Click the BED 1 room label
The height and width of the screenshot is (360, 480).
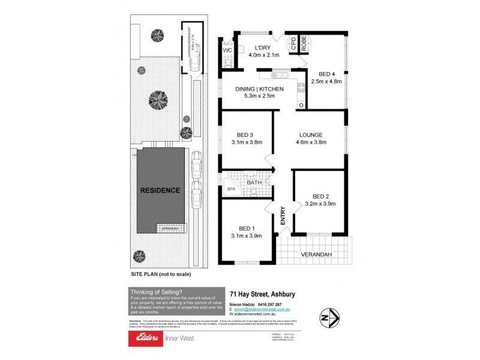pyautogui.click(x=246, y=229)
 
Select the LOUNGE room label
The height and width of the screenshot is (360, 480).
pyautogui.click(x=310, y=134)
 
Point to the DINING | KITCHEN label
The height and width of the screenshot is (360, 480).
pyautogui.click(x=255, y=89)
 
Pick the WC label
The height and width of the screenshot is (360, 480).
pyautogui.click(x=227, y=50)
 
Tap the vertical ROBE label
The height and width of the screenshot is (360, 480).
pyautogui.click(x=304, y=43)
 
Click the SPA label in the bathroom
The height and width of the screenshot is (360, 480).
pyautogui.click(x=231, y=189)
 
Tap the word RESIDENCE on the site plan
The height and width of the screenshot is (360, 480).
pyautogui.click(x=160, y=190)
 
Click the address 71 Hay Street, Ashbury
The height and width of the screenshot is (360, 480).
pyautogui.click(x=262, y=294)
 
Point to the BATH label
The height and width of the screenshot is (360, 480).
pyautogui.click(x=254, y=182)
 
